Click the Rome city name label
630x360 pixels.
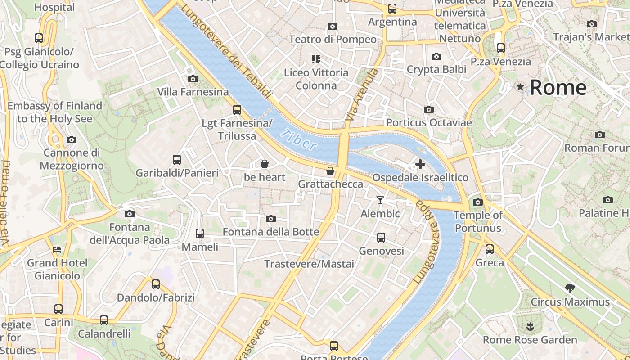point(558,87)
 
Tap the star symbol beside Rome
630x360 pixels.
point(521,87)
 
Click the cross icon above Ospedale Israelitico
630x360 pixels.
point(420,164)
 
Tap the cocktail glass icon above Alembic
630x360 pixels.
point(380,200)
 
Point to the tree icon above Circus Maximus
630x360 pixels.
point(570,288)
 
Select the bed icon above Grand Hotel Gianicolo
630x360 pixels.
point(57,249)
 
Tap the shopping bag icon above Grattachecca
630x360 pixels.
point(330,171)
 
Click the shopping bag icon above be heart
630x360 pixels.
point(265,164)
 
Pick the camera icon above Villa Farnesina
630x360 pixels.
point(193,79)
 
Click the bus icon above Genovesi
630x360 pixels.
point(381,237)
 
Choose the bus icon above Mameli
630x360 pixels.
point(200,233)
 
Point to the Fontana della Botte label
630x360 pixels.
point(271,232)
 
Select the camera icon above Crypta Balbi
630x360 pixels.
point(436,56)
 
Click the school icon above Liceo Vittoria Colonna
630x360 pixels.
point(316,59)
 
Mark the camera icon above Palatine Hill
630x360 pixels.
point(607,200)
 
